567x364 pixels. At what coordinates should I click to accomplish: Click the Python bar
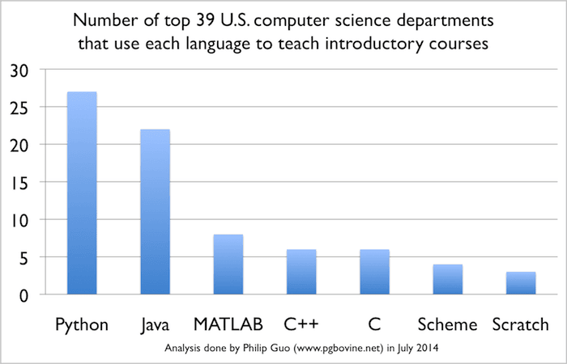pos(82,193)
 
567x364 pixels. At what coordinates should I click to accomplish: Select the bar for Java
pos(156,212)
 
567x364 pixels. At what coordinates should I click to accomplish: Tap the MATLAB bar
pos(228,265)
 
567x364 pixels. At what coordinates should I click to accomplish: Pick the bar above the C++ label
pos(301,272)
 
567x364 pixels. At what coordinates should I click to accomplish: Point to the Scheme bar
pos(448,279)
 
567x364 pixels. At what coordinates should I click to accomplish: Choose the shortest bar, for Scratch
pos(521,283)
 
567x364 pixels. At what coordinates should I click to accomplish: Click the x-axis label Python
pos(82,325)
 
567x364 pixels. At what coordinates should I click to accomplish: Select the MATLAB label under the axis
pos(228,324)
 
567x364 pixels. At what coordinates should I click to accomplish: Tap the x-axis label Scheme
pos(448,324)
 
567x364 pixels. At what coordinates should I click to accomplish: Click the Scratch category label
pos(521,324)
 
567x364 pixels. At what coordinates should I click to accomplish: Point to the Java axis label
pos(155,324)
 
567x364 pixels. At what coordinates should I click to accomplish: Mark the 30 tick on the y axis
pos(19,71)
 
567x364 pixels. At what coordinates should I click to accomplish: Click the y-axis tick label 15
pos(19,184)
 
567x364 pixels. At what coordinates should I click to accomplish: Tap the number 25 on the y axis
pos(19,109)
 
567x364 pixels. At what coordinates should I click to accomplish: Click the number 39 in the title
pos(206,20)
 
